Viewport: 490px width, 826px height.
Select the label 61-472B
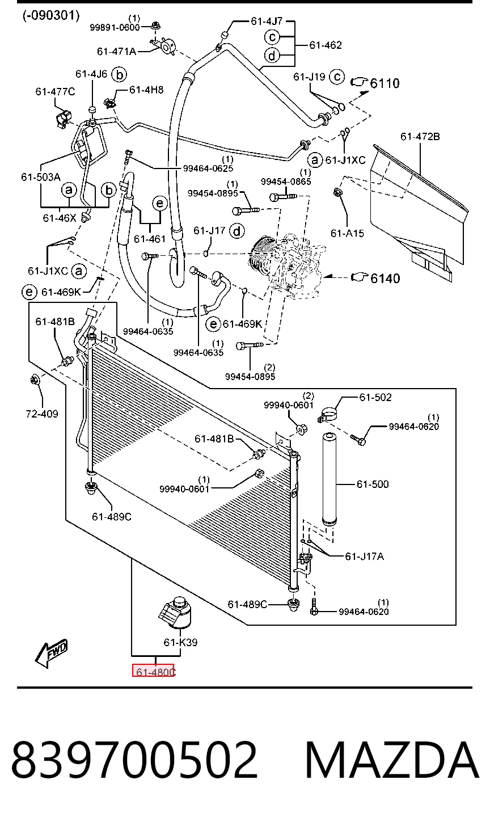tap(420, 137)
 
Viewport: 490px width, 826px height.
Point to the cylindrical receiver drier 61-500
tap(330, 478)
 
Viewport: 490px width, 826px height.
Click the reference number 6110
tap(385, 83)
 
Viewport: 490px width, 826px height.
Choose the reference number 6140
tap(385, 278)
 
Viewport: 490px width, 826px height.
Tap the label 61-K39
tap(181, 642)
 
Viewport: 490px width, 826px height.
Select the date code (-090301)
tap(51, 15)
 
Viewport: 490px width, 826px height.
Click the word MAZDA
tap(391, 760)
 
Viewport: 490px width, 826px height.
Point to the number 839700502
tap(134, 760)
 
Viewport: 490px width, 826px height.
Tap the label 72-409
tap(42, 414)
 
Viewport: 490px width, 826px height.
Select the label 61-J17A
tap(364, 556)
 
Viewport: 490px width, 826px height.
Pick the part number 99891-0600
tap(115, 27)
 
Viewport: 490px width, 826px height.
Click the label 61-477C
tap(56, 91)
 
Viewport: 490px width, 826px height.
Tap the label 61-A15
tap(347, 233)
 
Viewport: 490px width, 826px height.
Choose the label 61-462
tap(326, 45)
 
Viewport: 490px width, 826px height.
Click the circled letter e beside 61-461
tap(159, 204)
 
